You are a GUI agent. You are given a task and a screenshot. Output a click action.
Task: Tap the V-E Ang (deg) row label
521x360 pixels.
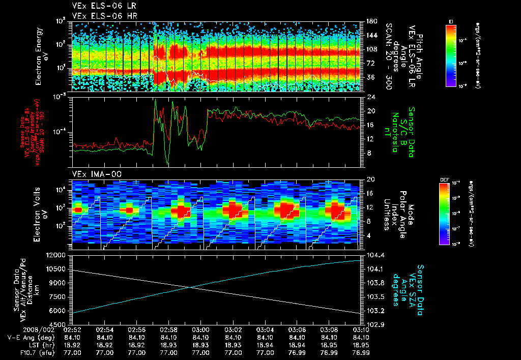click(x=28, y=337)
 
